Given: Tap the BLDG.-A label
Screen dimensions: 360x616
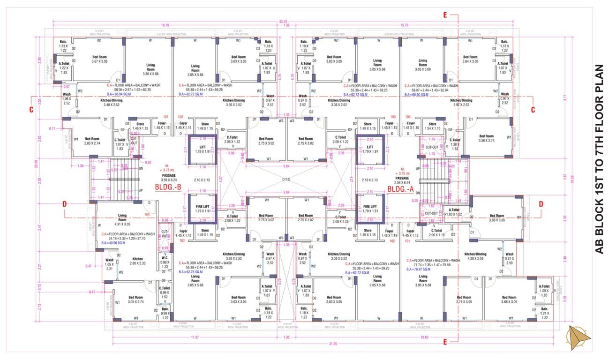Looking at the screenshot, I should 401,189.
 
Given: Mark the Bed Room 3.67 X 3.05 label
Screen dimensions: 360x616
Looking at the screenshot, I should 99,59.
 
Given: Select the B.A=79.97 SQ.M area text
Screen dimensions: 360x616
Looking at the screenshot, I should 421,270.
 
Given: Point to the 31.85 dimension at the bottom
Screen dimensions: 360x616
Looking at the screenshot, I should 333,344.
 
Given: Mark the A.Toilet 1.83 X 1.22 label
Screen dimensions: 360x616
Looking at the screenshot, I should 454,212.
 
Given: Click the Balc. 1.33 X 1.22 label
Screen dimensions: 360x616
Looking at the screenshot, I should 64,45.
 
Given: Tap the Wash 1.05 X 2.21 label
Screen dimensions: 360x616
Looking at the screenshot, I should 109,262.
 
